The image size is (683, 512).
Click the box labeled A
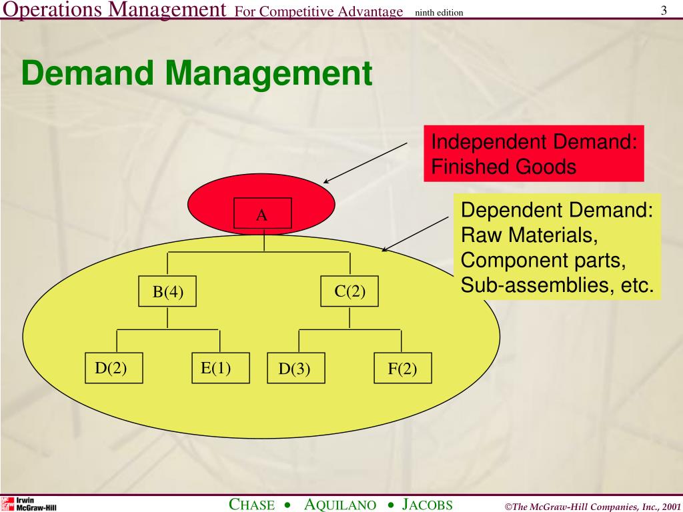pyautogui.click(x=262, y=215)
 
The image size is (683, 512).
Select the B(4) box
pyautogui.click(x=167, y=291)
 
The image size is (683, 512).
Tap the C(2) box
pyautogui.click(x=350, y=291)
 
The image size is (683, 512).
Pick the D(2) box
pyautogui.click(x=114, y=368)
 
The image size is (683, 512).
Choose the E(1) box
pyautogui.click(x=220, y=368)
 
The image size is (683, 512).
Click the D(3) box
pyautogui.click(x=296, y=369)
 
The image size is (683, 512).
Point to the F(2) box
pyautogui.click(x=402, y=369)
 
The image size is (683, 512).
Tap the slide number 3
pyautogui.click(x=664, y=11)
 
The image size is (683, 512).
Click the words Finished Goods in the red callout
pyautogui.click(x=504, y=167)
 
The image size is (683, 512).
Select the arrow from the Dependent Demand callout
pyautogui.click(x=415, y=233)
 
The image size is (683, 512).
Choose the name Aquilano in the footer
pyautogui.click(x=340, y=505)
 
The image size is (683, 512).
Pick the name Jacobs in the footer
pyautogui.click(x=428, y=505)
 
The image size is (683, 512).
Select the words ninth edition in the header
pyautogui.click(x=438, y=13)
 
